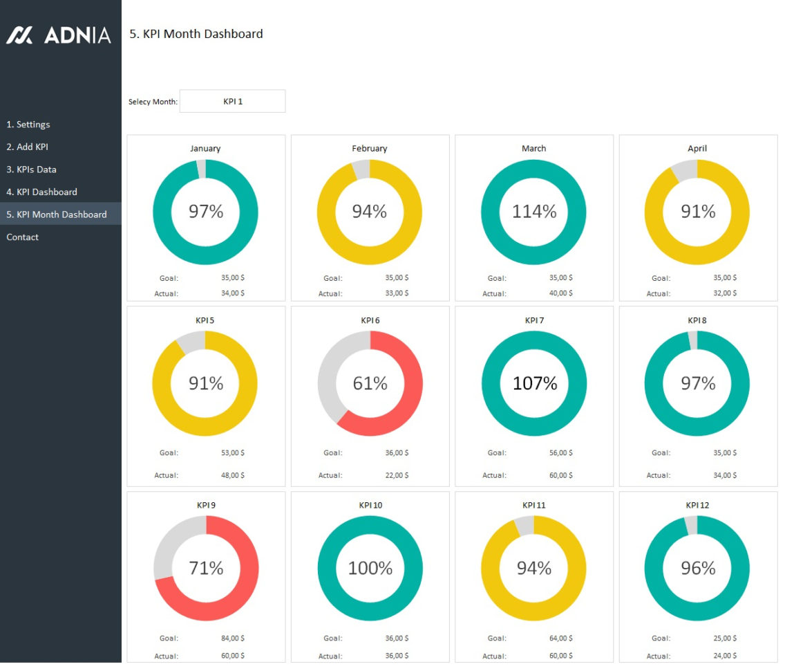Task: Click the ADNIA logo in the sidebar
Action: (x=59, y=35)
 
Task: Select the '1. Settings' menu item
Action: (x=28, y=125)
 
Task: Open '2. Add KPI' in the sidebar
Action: (x=27, y=147)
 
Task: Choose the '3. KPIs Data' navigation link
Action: (x=32, y=169)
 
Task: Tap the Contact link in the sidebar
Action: (x=23, y=237)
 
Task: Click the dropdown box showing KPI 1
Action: (x=232, y=101)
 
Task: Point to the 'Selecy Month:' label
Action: (x=153, y=102)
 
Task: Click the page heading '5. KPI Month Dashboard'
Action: (x=196, y=34)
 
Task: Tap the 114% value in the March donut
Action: (x=533, y=212)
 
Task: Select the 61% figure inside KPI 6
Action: (x=370, y=383)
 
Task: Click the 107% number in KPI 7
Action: (x=534, y=383)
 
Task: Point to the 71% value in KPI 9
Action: (x=206, y=568)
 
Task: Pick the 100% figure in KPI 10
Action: (x=370, y=568)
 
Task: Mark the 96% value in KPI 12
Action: (x=698, y=568)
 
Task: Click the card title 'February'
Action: (x=370, y=148)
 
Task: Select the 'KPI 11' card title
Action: (x=533, y=505)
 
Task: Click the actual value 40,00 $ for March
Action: (x=560, y=293)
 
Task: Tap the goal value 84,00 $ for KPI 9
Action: (x=232, y=638)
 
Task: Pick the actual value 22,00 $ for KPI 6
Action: (x=397, y=475)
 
